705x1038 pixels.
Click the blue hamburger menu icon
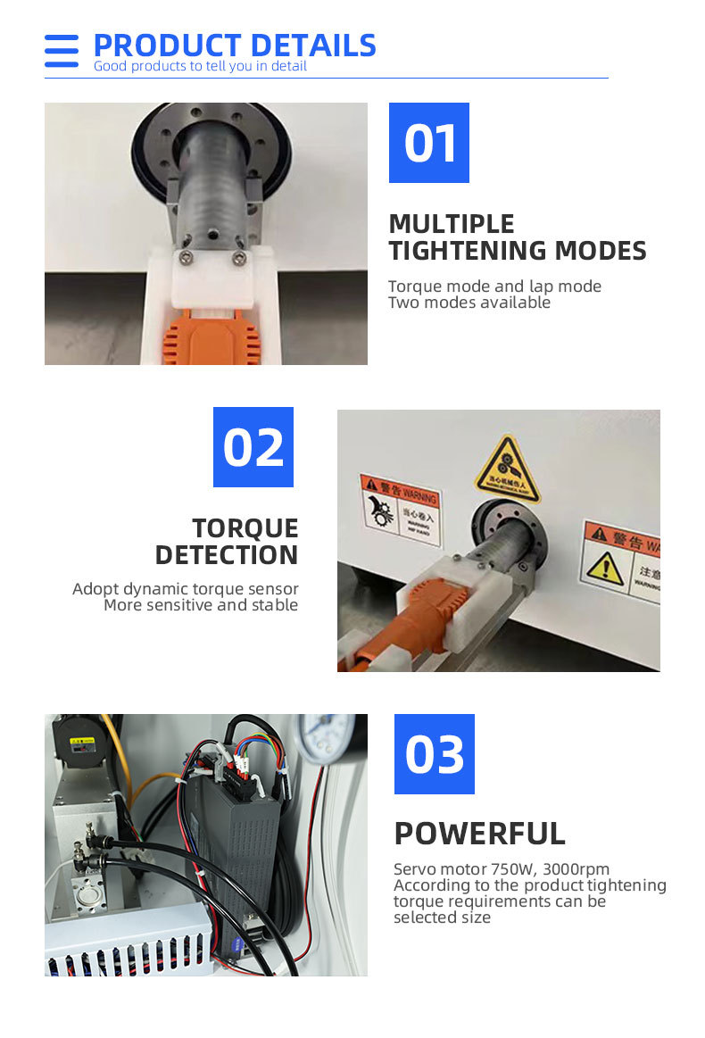(62, 51)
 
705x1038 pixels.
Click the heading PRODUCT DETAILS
(235, 46)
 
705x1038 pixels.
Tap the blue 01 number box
(429, 143)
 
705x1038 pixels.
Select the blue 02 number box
(253, 447)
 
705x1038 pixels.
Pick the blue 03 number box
(435, 754)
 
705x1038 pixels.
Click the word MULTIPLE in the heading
(452, 223)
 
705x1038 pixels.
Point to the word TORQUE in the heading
(245, 527)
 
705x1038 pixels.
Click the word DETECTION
(227, 555)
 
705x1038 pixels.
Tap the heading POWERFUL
(480, 834)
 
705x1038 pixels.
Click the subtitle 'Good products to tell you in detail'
(200, 66)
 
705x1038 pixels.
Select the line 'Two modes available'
(469, 303)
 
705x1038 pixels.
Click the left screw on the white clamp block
(185, 259)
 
